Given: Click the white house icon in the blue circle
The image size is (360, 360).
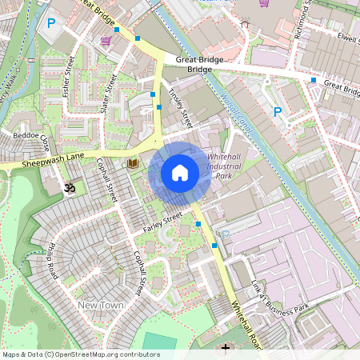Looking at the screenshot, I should [x=180, y=173].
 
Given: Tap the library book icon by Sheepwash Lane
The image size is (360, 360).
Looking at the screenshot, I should [x=133, y=163].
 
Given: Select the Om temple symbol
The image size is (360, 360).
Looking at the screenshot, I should [x=68, y=189].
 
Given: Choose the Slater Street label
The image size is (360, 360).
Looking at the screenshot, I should [x=110, y=94].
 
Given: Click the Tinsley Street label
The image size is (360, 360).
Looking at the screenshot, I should [x=181, y=109].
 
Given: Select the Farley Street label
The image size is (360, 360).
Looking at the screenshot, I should [x=162, y=222].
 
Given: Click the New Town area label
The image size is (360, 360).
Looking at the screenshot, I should [x=100, y=306].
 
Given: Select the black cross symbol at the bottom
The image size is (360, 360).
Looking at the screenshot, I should [x=226, y=348].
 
